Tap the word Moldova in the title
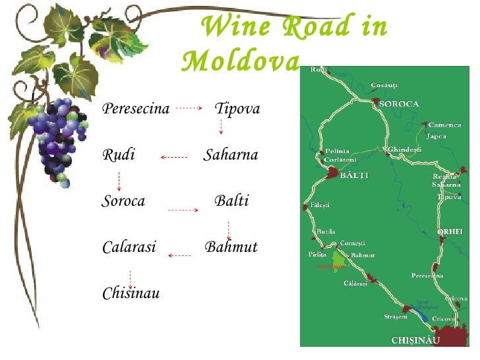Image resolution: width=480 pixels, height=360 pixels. [241, 62]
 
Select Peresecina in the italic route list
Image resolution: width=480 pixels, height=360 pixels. [136, 109]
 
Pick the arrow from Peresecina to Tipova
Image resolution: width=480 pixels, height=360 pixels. [189, 108]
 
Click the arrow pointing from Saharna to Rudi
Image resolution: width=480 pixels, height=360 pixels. [174, 157]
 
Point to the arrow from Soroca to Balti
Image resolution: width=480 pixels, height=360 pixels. [183, 210]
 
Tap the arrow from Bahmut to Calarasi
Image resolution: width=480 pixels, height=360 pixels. [179, 255]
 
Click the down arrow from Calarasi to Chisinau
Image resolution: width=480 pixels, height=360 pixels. [130, 279]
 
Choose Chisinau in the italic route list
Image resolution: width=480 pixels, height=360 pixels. [131, 293]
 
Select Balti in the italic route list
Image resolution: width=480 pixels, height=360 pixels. [232, 201]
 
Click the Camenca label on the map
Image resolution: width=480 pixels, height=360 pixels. [444, 125]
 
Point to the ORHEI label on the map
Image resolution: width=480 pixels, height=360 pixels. [450, 231]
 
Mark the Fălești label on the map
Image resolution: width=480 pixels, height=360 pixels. [320, 205]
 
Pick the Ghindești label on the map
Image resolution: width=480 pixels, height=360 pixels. [404, 150]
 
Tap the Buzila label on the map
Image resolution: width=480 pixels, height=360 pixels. [326, 232]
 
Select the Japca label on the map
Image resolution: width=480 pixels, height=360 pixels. [436, 136]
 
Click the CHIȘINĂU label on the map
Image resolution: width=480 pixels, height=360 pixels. [415, 340]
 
